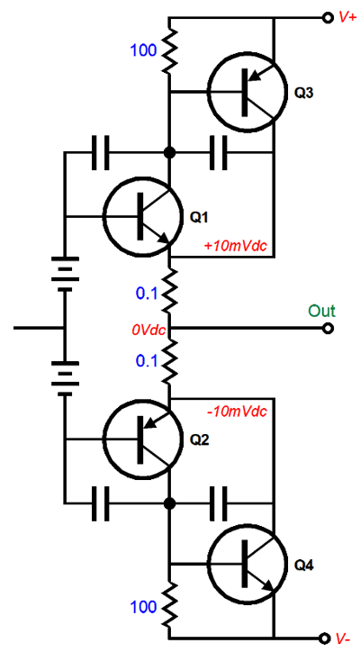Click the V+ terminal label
tap(347, 17)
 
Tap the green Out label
tap(321, 311)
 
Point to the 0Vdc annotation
tap(148, 331)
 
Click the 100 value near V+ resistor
tap(144, 50)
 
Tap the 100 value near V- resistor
tap(144, 607)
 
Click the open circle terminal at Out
tap(328, 329)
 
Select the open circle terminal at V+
tap(328, 18)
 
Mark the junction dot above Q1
tap(169, 152)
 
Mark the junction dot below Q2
tap(169, 503)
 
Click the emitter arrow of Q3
tap(260, 74)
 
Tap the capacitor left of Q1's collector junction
tap(101, 152)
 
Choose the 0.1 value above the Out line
tap(147, 294)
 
